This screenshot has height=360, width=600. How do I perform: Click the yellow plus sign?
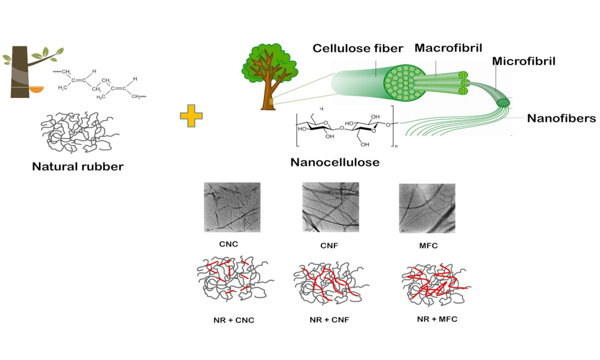(191, 116)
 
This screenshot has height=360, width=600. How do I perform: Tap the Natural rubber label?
(78, 166)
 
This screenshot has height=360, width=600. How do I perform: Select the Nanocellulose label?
(335, 162)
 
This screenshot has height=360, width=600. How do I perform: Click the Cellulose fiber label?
(358, 48)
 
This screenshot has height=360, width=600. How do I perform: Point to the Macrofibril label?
(448, 48)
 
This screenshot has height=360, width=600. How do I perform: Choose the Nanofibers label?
(561, 118)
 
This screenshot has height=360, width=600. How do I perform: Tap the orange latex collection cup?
(36, 89)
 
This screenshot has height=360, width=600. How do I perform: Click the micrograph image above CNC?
(232, 207)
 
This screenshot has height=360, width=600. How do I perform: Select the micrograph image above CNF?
(330, 207)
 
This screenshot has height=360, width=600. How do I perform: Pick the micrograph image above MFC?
(427, 208)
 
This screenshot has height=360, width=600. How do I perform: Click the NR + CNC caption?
(234, 320)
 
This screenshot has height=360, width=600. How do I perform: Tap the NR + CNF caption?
(329, 320)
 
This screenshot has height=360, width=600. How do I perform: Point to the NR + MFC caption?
(437, 319)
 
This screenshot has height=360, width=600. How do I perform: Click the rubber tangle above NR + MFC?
(435, 284)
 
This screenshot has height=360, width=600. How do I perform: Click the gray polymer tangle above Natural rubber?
(78, 132)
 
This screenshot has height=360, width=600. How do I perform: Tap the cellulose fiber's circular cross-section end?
(404, 83)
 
